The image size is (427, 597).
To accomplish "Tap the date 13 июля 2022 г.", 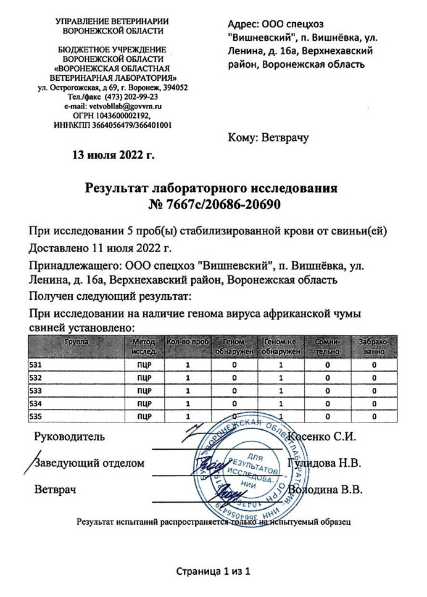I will pyautogui.click(x=113, y=154).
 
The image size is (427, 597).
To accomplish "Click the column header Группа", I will pyautogui.click(x=77, y=341).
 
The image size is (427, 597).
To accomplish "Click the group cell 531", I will pyautogui.click(x=35, y=364).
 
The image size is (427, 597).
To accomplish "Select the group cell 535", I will pyautogui.click(x=35, y=416).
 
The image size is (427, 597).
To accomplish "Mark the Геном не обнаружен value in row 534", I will pyautogui.click(x=280, y=403).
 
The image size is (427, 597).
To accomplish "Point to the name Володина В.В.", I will pyautogui.click(x=329, y=490).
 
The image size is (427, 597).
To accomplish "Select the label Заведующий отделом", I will pyautogui.click(x=90, y=463).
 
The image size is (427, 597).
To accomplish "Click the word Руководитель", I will pyautogui.click(x=70, y=437).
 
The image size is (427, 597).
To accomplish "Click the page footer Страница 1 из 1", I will pyautogui.click(x=213, y=571).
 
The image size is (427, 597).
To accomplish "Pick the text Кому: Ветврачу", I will pyautogui.click(x=268, y=138).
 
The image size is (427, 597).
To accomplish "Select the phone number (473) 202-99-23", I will pyautogui.click(x=129, y=97).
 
